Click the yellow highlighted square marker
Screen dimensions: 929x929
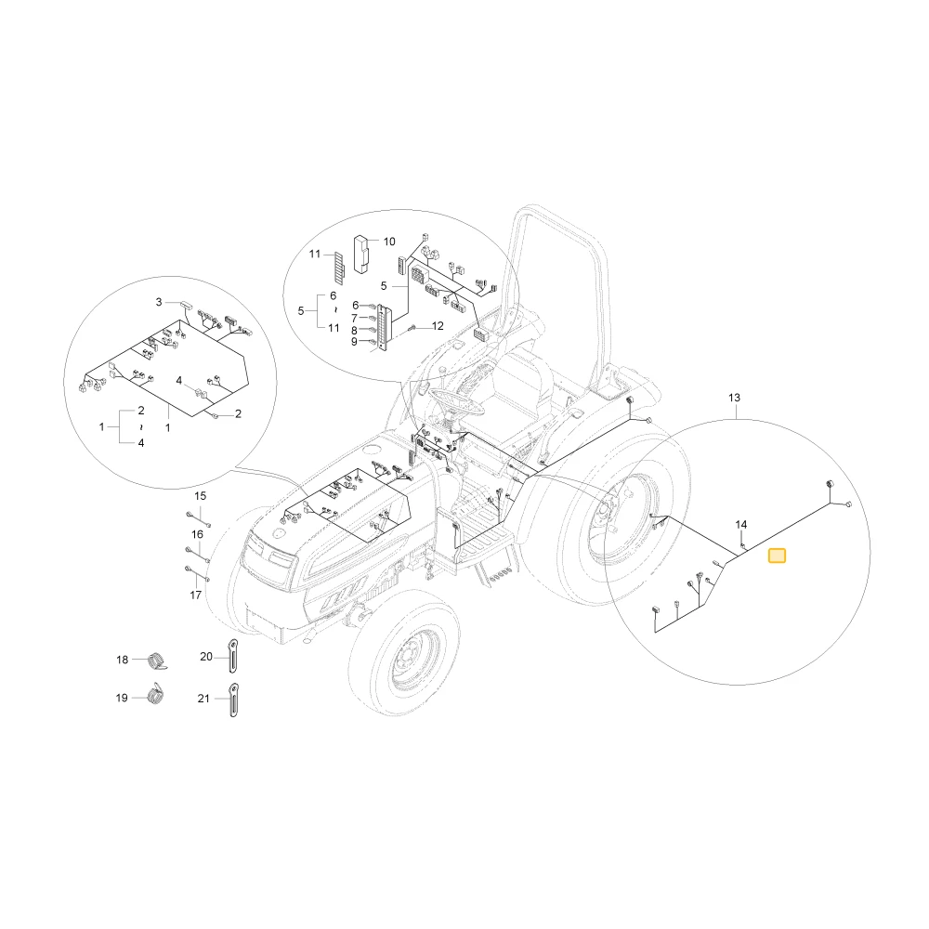777,556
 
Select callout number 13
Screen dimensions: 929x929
734,398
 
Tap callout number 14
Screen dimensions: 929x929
741,524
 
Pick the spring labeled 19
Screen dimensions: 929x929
155,694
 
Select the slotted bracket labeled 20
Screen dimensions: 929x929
233,656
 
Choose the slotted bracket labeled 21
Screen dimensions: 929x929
234,700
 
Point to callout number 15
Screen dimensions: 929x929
201,496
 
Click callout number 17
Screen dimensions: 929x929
195,595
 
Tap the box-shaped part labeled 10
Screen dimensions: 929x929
360,255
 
